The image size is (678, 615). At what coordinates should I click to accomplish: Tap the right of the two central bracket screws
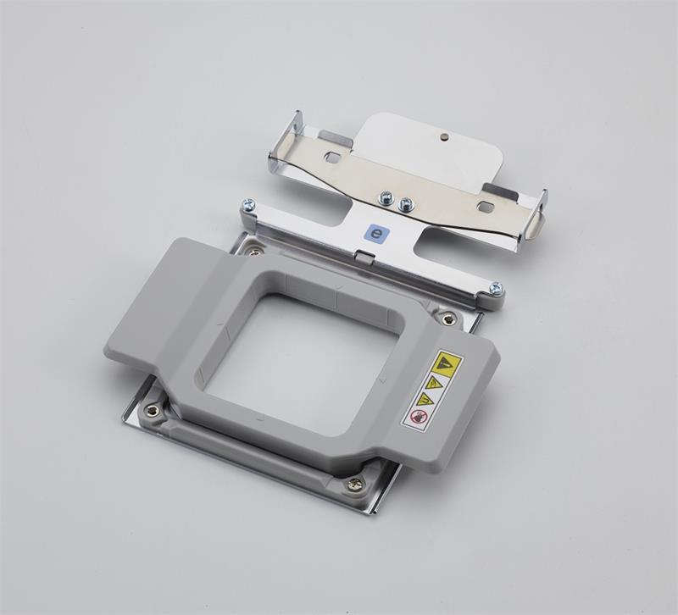pos(406,204)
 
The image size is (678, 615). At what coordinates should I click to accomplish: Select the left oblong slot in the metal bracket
pos(333,158)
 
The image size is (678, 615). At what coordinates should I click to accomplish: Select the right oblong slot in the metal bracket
pos(486,206)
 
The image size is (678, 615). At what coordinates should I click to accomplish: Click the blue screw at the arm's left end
pos(248,205)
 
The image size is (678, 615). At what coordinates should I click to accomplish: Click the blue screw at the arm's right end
pos(496,289)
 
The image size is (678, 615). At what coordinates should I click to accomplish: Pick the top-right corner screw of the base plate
pos(448,319)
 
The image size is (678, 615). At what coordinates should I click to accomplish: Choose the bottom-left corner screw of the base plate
pos(153,411)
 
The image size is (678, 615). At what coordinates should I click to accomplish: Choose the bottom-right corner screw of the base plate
pos(355,485)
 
